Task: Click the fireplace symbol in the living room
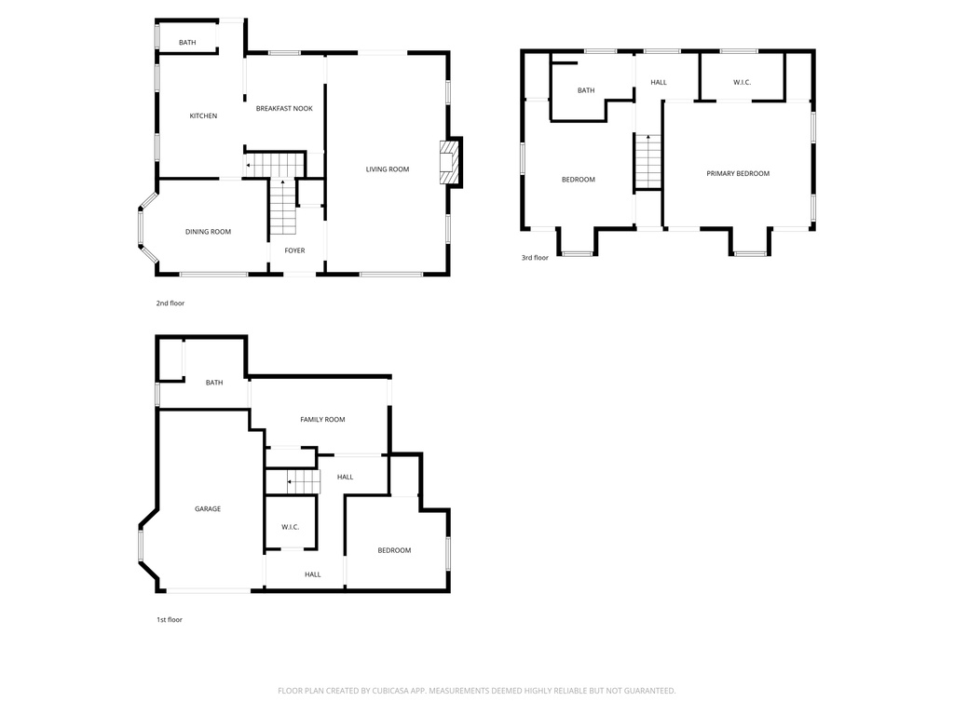450,163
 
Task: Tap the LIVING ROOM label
388,169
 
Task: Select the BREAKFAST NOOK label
284,109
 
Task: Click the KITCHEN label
203,116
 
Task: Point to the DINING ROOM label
208,232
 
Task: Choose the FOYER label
294,250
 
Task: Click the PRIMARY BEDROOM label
738,173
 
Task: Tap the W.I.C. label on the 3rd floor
742,83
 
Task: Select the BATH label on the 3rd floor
586,90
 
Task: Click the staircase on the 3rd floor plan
648,161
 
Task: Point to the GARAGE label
208,509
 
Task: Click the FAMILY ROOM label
322,420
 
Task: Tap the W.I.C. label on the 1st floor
290,528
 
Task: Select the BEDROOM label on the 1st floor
394,550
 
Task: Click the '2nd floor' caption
170,303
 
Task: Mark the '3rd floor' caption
535,257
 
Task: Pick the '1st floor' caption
169,619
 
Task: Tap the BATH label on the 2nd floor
187,43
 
